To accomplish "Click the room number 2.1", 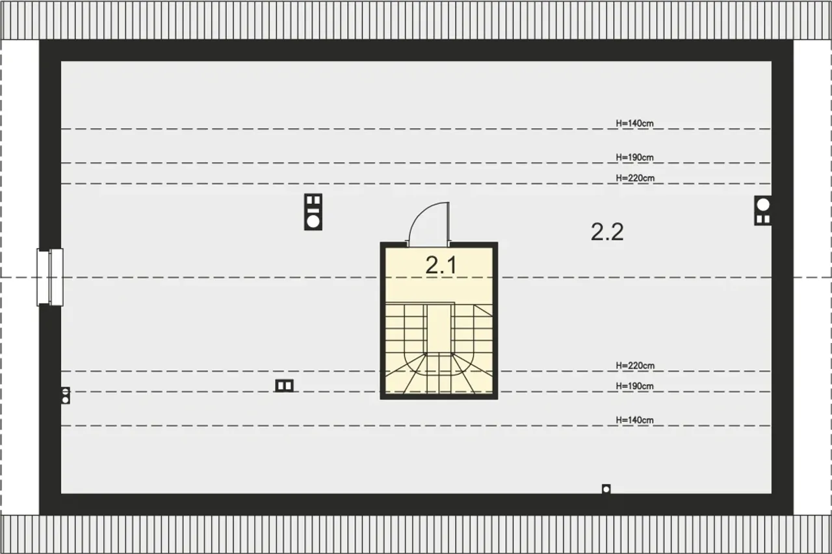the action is click(441, 266).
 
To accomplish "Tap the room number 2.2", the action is click(607, 232).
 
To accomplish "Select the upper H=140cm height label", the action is click(635, 123).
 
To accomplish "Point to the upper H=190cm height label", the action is click(635, 157).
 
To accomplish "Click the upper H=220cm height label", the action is click(635, 178).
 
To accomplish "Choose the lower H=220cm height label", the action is click(635, 366).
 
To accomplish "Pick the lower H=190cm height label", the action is click(635, 386).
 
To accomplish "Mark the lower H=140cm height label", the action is click(635, 420).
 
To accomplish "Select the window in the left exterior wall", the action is click(50, 277).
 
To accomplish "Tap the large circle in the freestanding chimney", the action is click(313, 222).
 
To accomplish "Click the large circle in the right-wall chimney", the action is click(763, 205).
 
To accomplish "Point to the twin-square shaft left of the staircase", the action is click(284, 386).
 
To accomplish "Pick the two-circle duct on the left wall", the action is click(66, 396).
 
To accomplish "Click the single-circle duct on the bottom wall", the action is click(606, 489).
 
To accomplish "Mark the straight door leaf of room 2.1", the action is click(448, 224).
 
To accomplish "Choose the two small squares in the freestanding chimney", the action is click(313, 200).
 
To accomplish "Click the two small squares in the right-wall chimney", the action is click(763, 220).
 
